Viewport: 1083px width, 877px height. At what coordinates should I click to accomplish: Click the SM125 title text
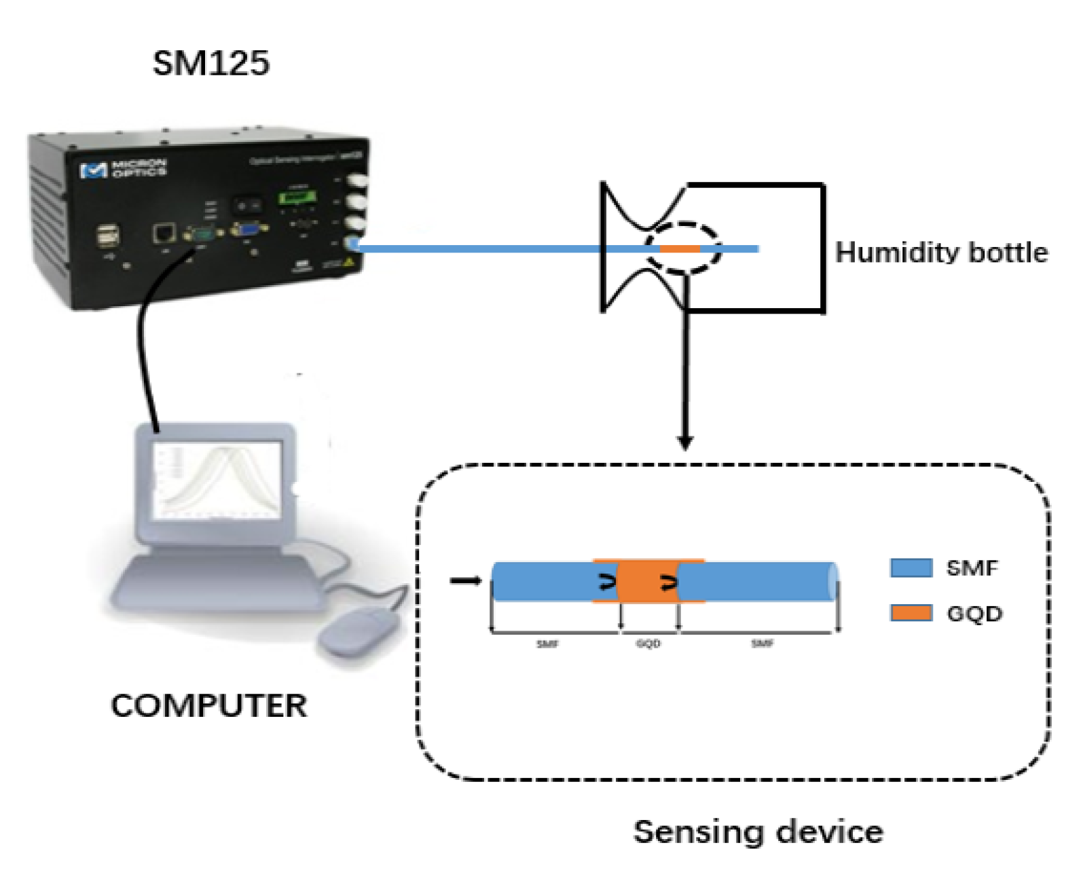pyautogui.click(x=210, y=63)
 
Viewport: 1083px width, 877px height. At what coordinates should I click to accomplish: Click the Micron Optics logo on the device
pyautogui.click(x=123, y=168)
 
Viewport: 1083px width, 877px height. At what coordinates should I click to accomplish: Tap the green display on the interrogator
pyautogui.click(x=297, y=198)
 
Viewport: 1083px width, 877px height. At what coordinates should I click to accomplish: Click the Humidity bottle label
pyautogui.click(x=941, y=253)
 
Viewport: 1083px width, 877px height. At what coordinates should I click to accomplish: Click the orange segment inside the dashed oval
pyautogui.click(x=680, y=249)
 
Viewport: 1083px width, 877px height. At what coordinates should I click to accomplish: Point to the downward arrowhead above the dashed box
pyautogui.click(x=685, y=442)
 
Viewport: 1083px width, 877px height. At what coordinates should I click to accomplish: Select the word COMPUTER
pyautogui.click(x=208, y=706)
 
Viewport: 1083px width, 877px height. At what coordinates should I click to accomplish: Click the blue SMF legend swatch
pyautogui.click(x=911, y=567)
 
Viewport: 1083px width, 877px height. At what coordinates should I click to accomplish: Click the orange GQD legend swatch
pyautogui.click(x=911, y=613)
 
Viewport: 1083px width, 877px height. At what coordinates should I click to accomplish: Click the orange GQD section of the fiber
pyautogui.click(x=648, y=582)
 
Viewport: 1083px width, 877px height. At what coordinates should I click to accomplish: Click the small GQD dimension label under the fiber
pyautogui.click(x=648, y=643)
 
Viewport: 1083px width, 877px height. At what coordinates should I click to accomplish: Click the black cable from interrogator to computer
pyautogui.click(x=145, y=353)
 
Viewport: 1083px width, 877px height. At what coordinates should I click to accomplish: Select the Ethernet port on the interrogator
pyautogui.click(x=164, y=234)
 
